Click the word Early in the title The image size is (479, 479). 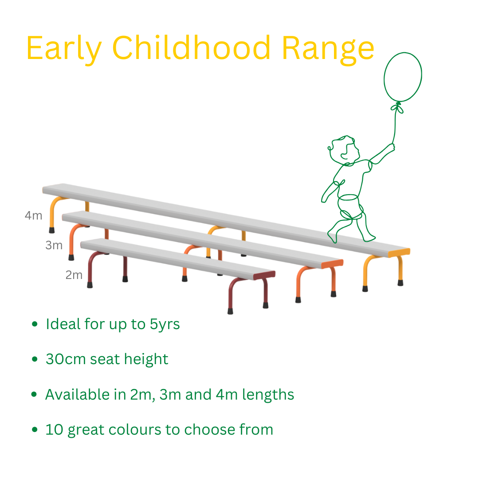[x=64, y=49]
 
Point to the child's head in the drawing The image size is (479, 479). [x=344, y=149]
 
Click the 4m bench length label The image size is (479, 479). [x=33, y=216]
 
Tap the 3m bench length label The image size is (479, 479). [x=54, y=245]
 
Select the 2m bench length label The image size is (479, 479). [x=74, y=275]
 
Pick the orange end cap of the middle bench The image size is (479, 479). [x=332, y=264]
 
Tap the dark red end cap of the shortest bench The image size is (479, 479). [x=264, y=275]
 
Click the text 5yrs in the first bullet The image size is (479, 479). [x=165, y=324]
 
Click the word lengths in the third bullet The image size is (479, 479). [x=268, y=395]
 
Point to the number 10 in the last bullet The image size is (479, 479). [x=54, y=429]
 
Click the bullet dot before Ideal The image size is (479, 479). [x=35, y=324]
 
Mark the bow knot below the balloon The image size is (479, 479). [x=397, y=107]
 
